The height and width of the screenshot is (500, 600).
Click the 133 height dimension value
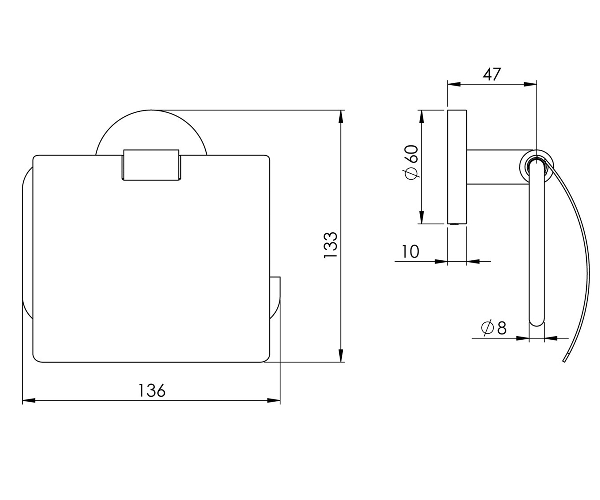pos(330,245)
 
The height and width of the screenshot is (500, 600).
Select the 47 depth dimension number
pos(492,74)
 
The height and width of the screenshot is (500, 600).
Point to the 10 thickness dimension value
pos(410,251)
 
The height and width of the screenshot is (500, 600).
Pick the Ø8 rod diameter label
pos(494,328)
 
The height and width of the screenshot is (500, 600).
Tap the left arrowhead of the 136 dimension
pos(29,400)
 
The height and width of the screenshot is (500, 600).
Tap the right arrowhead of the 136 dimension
pos(274,400)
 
